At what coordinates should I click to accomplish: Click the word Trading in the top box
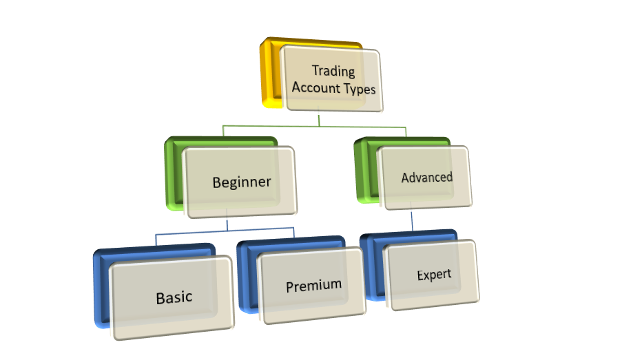pos(333,71)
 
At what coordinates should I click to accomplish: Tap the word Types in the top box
pos(359,89)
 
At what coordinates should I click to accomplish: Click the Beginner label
pos(241,182)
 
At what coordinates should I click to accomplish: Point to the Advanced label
pos(426,177)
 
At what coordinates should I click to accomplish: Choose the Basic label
pos(174,297)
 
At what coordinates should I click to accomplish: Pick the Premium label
pos(313,284)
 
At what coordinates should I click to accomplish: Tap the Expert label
pos(434,275)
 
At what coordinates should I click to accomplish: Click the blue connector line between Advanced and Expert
pos(412,220)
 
